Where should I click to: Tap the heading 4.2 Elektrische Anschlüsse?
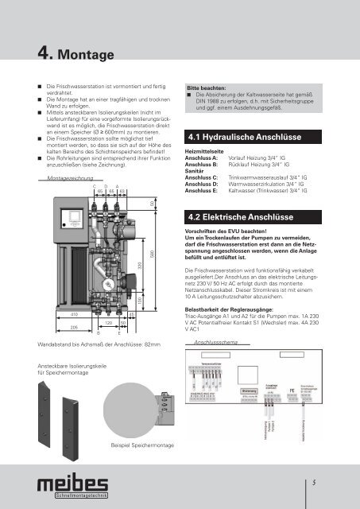tap(242, 216)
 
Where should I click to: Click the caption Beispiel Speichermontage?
tap(142, 445)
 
